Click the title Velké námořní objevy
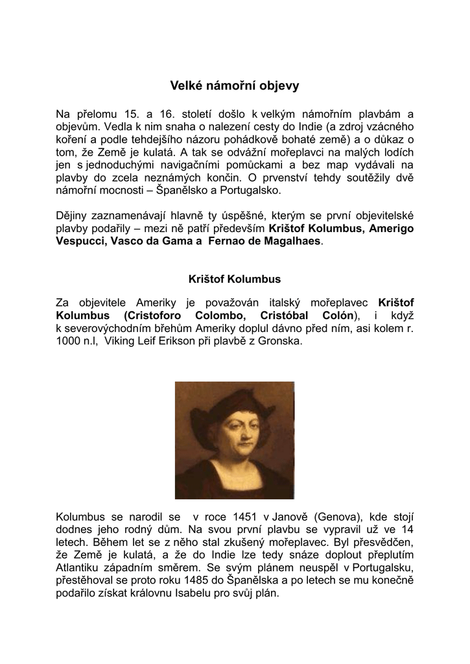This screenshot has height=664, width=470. tap(235, 85)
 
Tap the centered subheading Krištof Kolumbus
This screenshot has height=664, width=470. tap(235, 279)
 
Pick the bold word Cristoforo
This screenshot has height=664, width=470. tap(160, 315)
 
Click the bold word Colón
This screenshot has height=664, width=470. tap(336, 315)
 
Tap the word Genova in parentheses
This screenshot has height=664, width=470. tap(336, 516)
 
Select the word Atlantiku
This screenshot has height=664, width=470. tap(80, 567)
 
